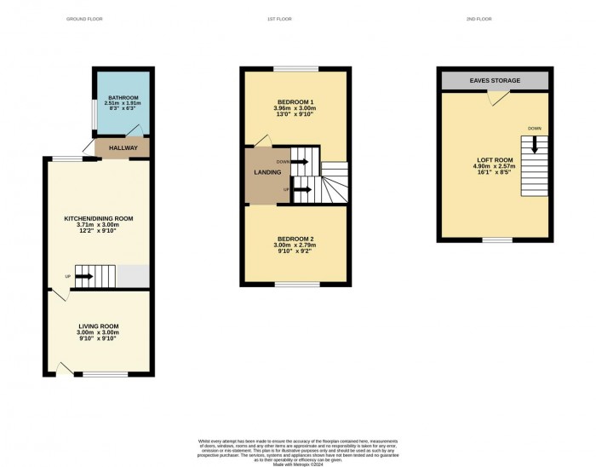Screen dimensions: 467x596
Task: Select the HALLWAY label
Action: tap(123, 148)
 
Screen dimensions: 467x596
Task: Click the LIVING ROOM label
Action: tap(99, 326)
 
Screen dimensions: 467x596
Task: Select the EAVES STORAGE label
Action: tap(494, 80)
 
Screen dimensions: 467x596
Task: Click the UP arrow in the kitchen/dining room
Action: tap(84, 276)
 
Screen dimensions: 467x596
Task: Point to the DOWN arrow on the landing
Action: tap(300, 161)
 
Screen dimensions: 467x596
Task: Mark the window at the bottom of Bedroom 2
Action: tap(297, 283)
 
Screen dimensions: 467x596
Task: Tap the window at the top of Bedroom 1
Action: tap(295, 68)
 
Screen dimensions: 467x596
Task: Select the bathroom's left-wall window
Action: tap(93, 112)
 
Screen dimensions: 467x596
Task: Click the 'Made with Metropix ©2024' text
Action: tap(297, 464)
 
